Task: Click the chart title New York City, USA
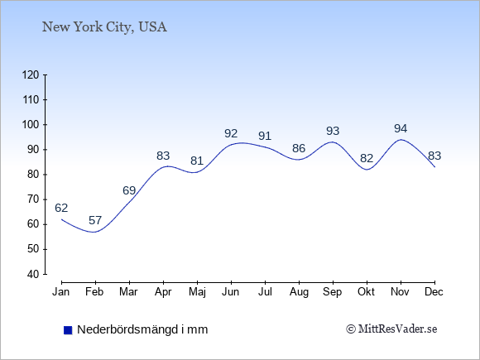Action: click(104, 27)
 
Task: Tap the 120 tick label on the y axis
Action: click(31, 74)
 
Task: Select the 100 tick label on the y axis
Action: click(31, 125)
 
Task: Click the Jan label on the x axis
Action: click(61, 292)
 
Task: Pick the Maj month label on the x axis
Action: click(197, 292)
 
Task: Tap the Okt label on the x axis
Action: click(366, 292)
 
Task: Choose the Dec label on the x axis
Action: click(434, 292)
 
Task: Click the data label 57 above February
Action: click(95, 220)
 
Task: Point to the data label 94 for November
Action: click(401, 128)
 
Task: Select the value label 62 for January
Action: click(61, 208)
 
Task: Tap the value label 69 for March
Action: click(129, 190)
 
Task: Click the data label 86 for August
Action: click(299, 148)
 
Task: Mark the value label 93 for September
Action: click(333, 131)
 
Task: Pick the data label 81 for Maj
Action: click(197, 161)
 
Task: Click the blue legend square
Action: click(68, 330)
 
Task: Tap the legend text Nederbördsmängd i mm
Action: click(142, 329)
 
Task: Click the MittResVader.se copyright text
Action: click(391, 329)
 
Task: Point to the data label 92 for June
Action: click(231, 133)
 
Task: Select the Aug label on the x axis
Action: click(299, 292)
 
